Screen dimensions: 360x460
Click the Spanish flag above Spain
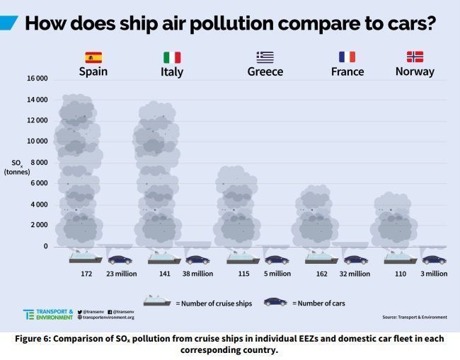click(93, 57)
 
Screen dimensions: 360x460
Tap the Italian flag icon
click(172, 57)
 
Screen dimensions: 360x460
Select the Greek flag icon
click(265, 57)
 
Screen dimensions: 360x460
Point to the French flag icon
click(347, 57)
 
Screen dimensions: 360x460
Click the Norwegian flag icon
click(415, 57)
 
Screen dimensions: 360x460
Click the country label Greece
click(265, 71)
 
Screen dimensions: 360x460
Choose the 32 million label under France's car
click(355, 274)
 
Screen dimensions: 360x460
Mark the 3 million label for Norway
click(432, 274)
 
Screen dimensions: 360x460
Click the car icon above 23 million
click(120, 260)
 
